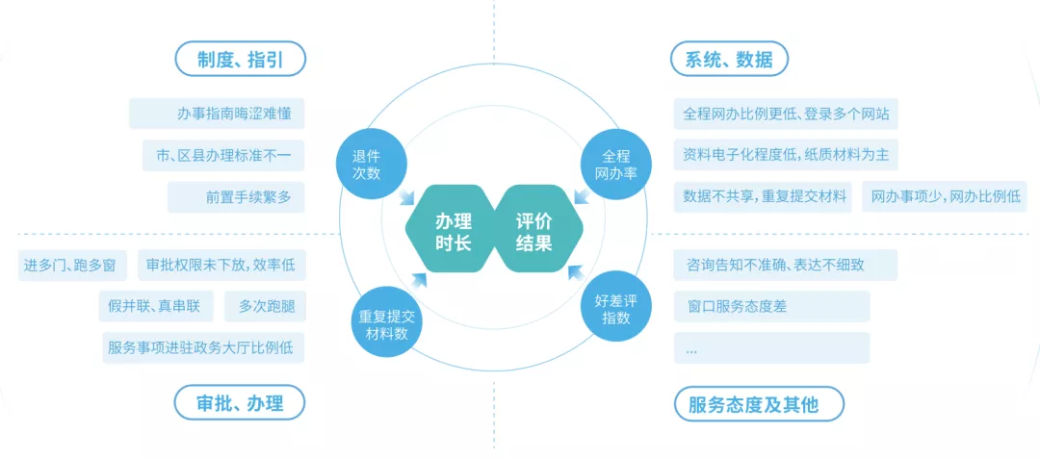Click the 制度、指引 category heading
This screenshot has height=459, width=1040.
[240, 59]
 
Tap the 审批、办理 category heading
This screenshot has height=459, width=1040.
[240, 402]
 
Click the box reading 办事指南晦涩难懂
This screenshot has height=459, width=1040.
[216, 114]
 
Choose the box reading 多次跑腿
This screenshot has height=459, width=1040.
[265, 307]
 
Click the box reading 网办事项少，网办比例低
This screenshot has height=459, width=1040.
[944, 197]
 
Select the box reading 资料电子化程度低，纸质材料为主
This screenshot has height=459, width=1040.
[786, 155]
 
